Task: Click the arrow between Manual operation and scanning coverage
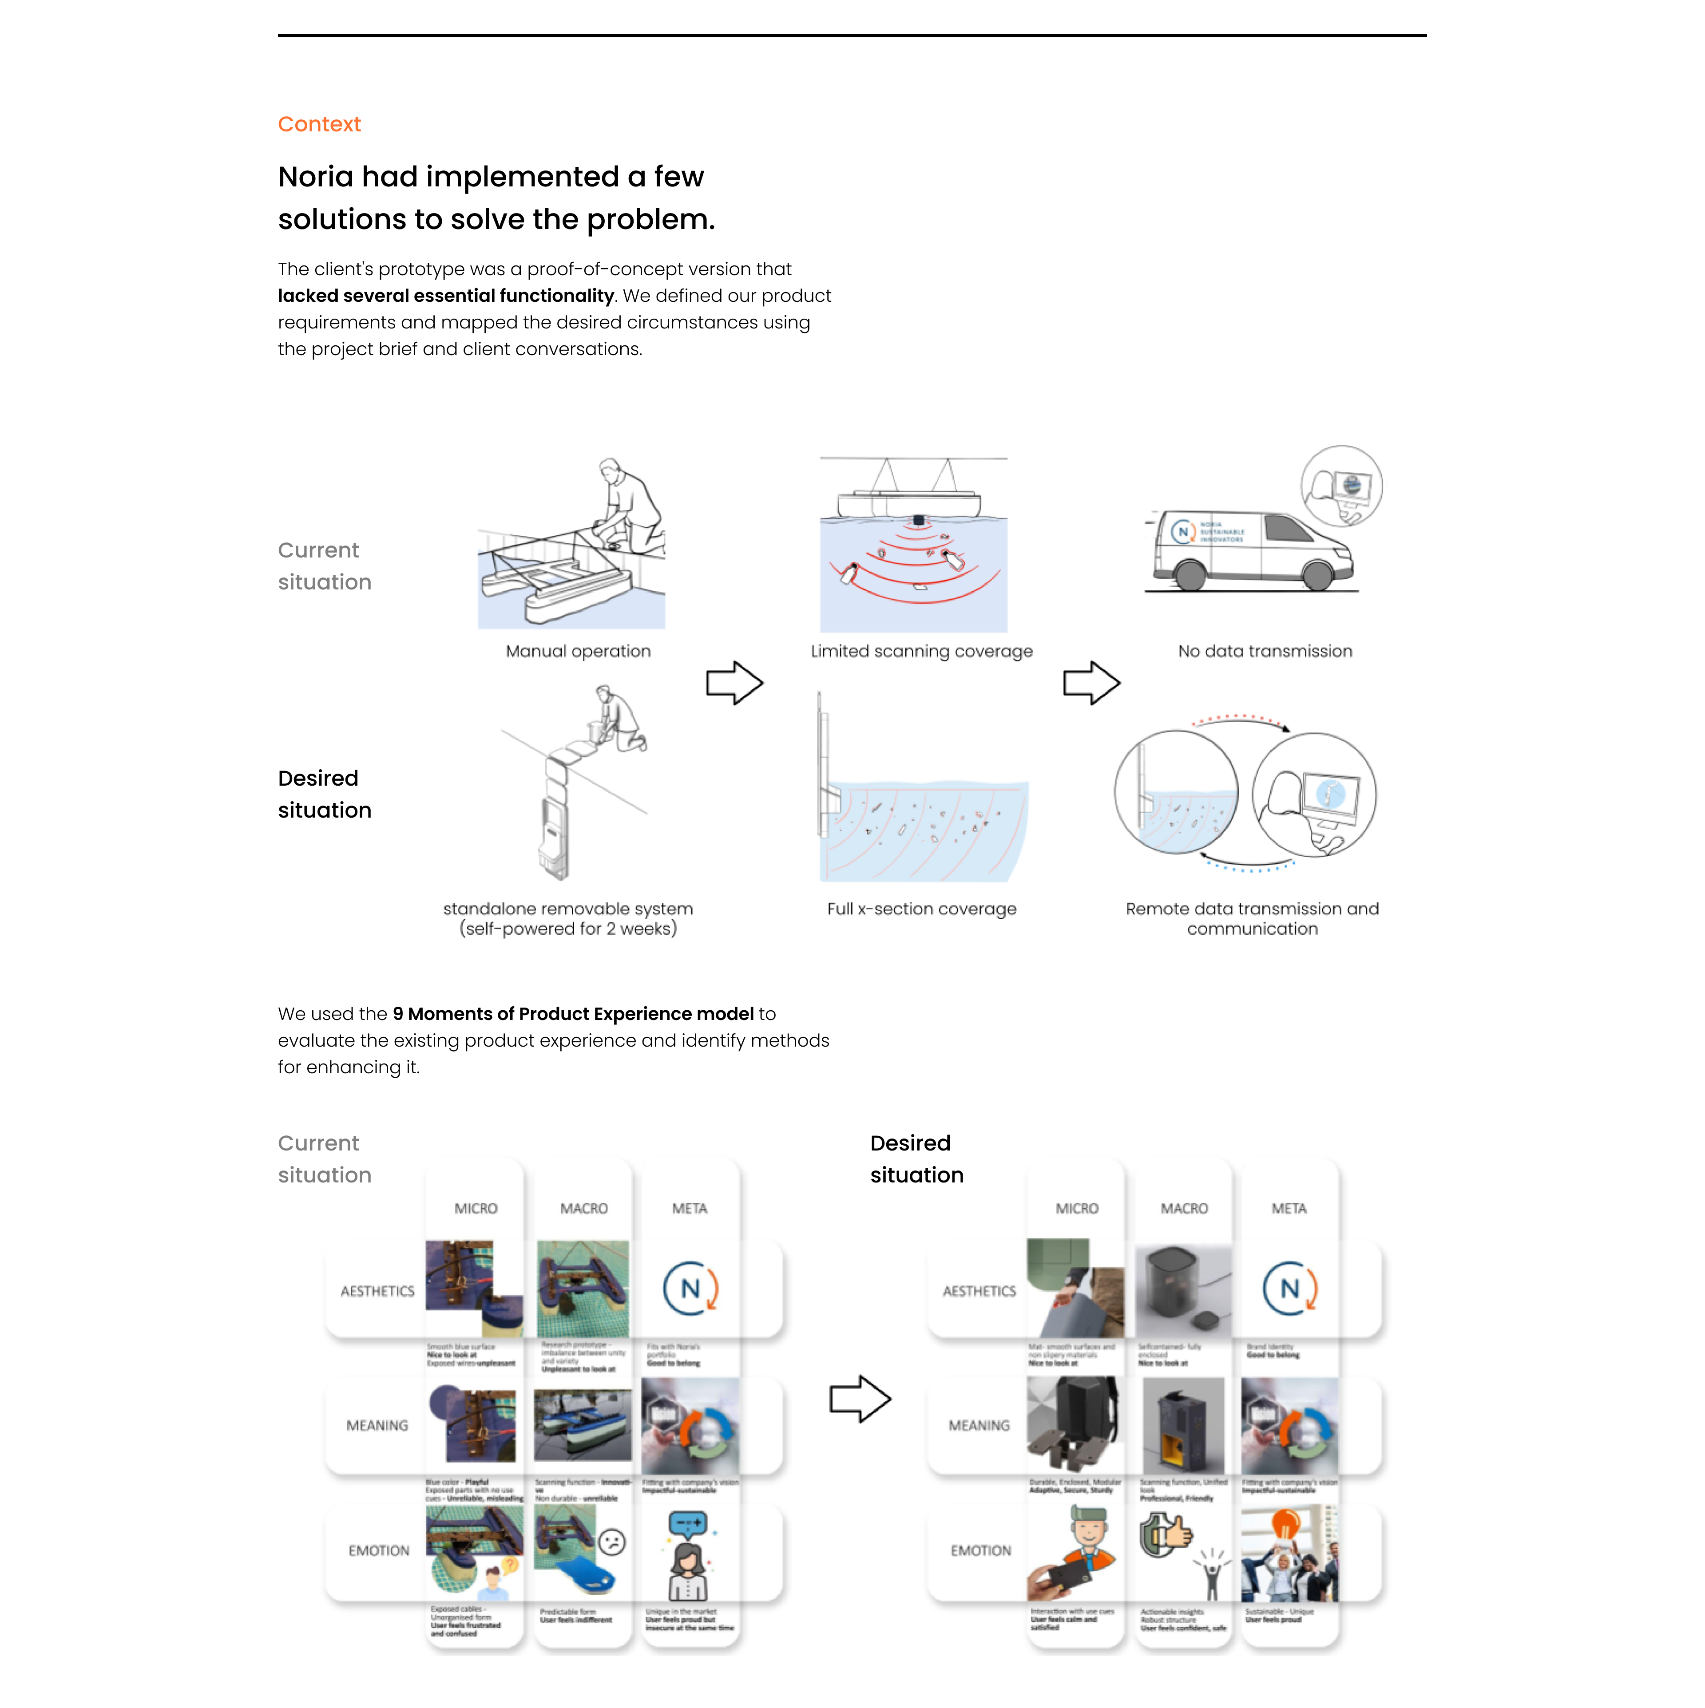734,683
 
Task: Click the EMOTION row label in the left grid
378,1550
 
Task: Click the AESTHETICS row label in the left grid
377,1291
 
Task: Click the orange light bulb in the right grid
1285,1525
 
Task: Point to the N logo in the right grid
1289,1288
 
